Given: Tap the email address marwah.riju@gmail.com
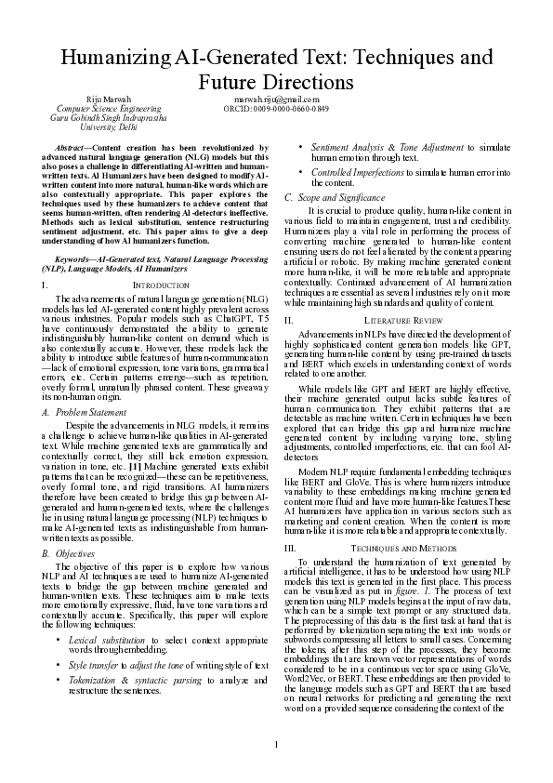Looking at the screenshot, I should pyautogui.click(x=276, y=99).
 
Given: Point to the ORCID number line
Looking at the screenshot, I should pyautogui.click(x=276, y=109).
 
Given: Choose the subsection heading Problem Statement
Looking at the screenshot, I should pyautogui.click(x=92, y=410).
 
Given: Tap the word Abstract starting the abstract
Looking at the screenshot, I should pyautogui.click(x=73, y=147).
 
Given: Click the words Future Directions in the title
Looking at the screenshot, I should pyautogui.click(x=276, y=83).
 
